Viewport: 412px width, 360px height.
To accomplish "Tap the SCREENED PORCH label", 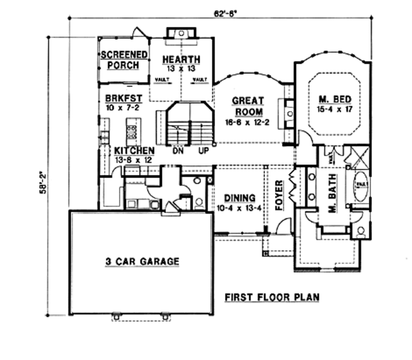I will pos(124,60).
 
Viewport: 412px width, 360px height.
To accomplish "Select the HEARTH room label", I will pos(181,59).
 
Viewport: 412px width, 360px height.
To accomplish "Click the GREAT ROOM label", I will pos(248,106).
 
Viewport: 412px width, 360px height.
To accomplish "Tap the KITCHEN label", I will pos(134,150).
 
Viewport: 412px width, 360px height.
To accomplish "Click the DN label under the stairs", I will pos(178,151).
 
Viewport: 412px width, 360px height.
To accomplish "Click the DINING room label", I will pos(240,198).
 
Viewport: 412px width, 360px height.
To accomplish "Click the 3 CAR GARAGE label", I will pos(142,261).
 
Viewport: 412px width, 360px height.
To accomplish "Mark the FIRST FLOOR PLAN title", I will pos(272,297).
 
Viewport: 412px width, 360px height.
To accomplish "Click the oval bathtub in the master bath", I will pos(360,187).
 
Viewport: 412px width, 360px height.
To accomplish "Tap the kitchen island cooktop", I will pos(132,131).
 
